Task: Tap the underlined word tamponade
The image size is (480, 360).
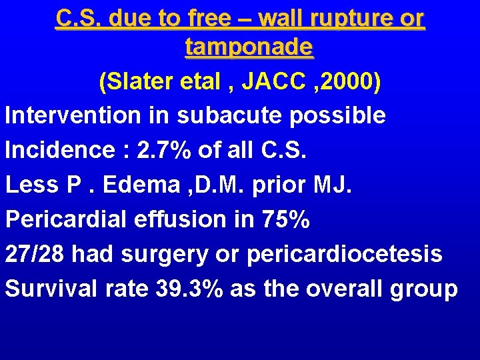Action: (x=249, y=48)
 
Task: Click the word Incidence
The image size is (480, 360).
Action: (x=57, y=150)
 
